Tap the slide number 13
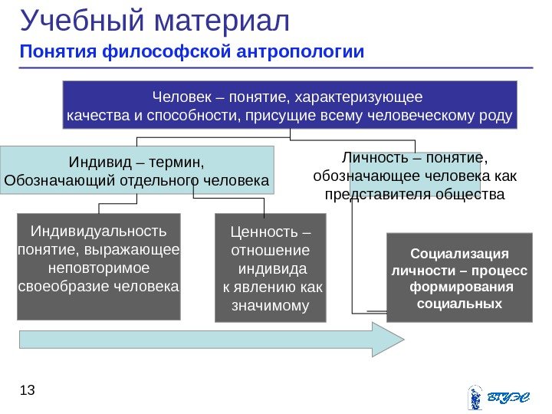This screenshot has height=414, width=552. click(28, 392)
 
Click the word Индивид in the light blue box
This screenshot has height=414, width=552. click(94, 163)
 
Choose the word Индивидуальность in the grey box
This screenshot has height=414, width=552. click(98, 231)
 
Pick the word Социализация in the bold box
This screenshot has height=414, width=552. click(459, 253)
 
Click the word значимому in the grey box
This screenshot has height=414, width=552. click(269, 307)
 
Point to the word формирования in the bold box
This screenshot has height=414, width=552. click(459, 287)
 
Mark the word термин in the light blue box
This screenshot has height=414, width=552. click(181, 163)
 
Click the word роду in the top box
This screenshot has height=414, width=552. click(498, 117)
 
